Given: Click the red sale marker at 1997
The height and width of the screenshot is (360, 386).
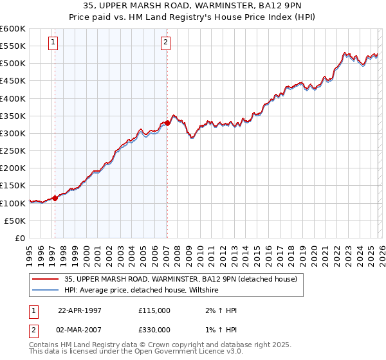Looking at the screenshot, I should pos(55,198).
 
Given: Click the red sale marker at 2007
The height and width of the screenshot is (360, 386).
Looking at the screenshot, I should pos(167,123).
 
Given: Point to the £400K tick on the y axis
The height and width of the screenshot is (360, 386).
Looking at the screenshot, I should pos(13,98).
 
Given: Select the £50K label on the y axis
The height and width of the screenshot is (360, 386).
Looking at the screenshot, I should pos(15,221).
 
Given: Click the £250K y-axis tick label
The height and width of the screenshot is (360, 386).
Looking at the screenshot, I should pos(13,150).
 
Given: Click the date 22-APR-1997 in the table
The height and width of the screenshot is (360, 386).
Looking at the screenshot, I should pos(80,310).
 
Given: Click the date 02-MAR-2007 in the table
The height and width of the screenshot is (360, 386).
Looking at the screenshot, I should pos(80,330).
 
